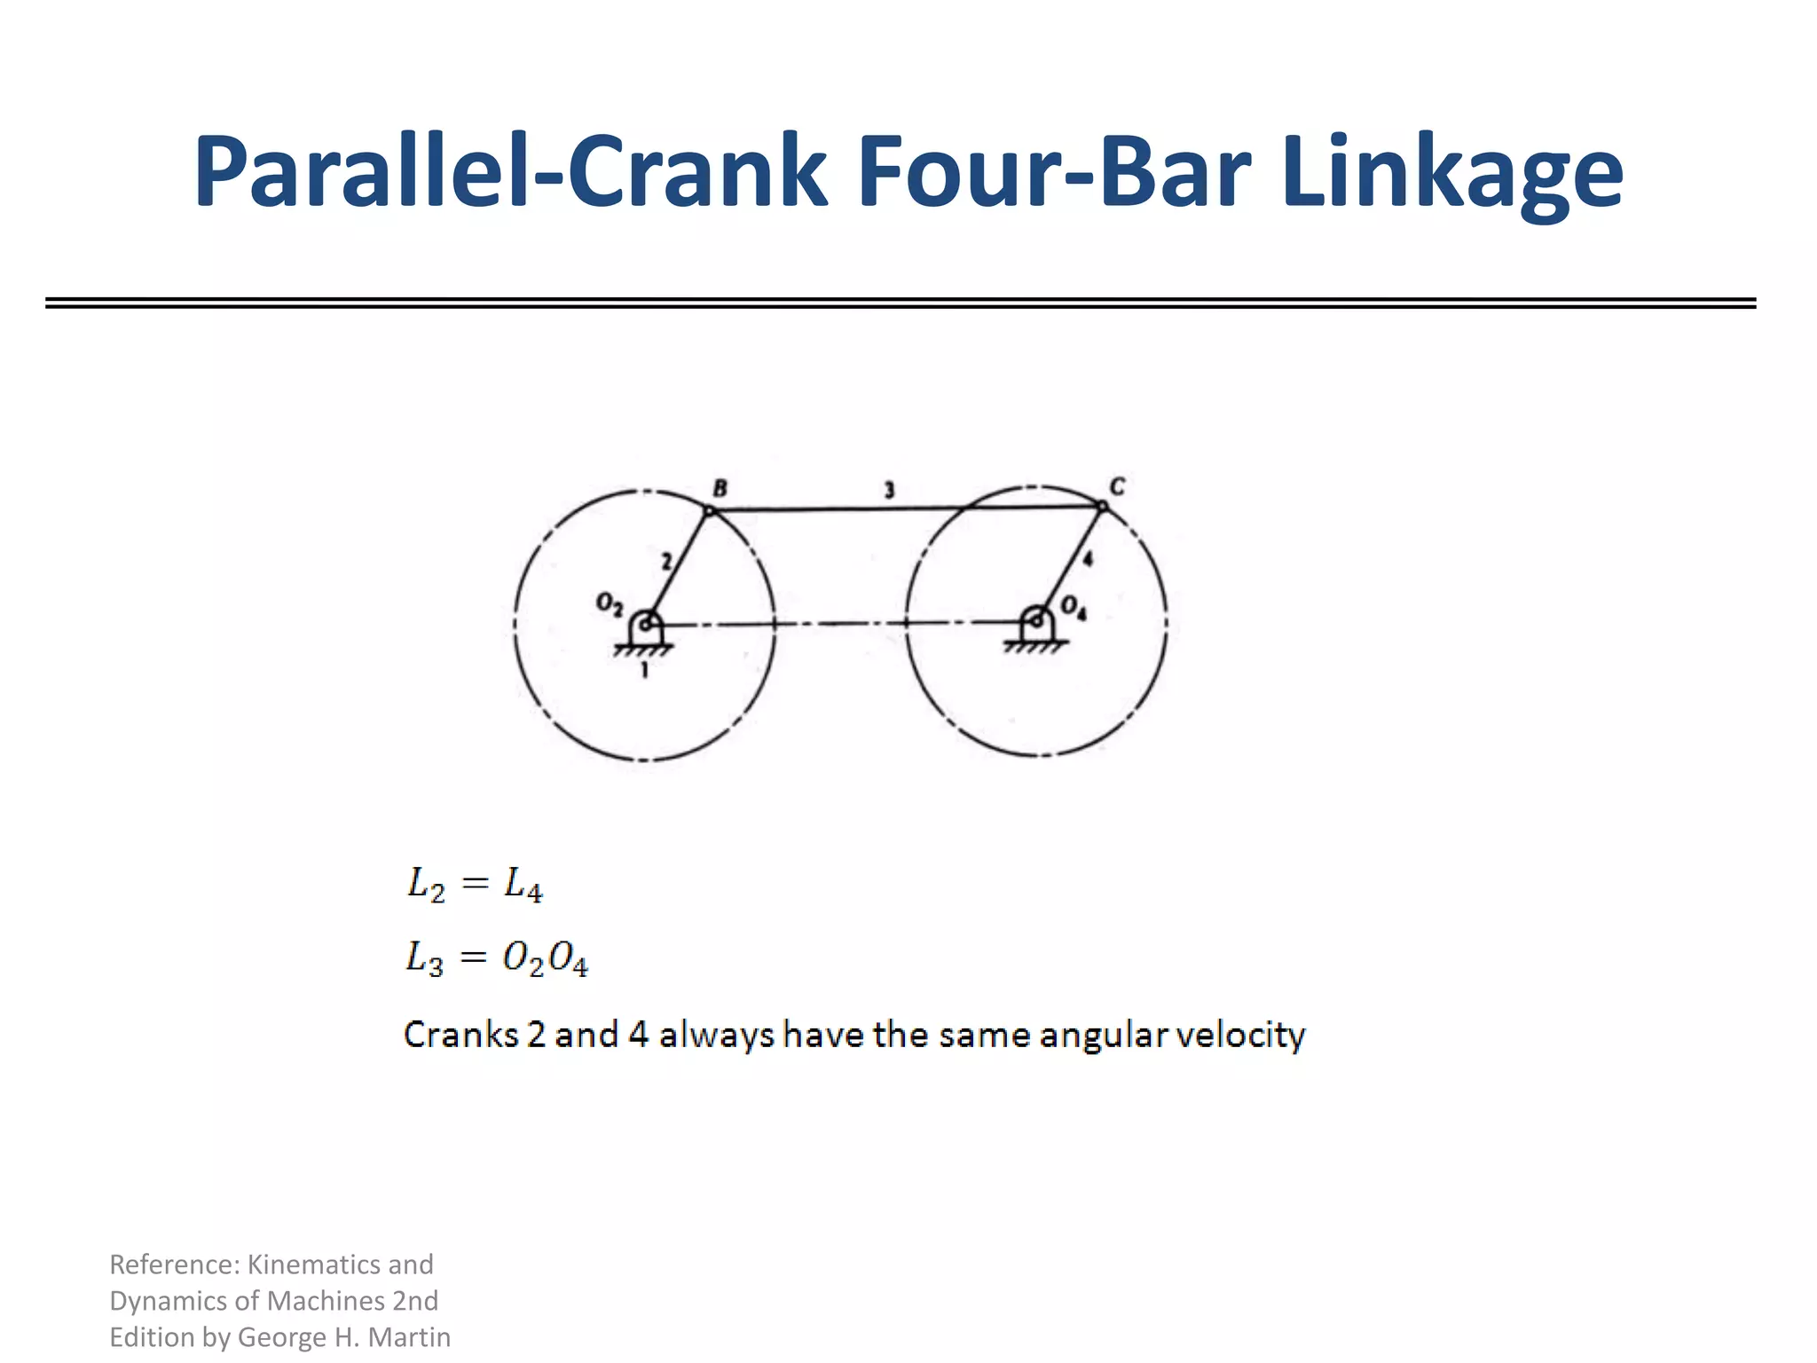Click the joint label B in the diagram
[720, 488]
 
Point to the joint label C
[1117, 486]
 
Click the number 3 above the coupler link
[889, 490]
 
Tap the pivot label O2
[610, 603]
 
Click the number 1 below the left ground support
[644, 670]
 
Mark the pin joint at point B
[709, 510]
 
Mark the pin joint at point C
[1102, 507]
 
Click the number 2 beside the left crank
[666, 561]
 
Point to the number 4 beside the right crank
[1088, 559]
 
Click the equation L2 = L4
[475, 885]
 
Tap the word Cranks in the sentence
[460, 1035]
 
